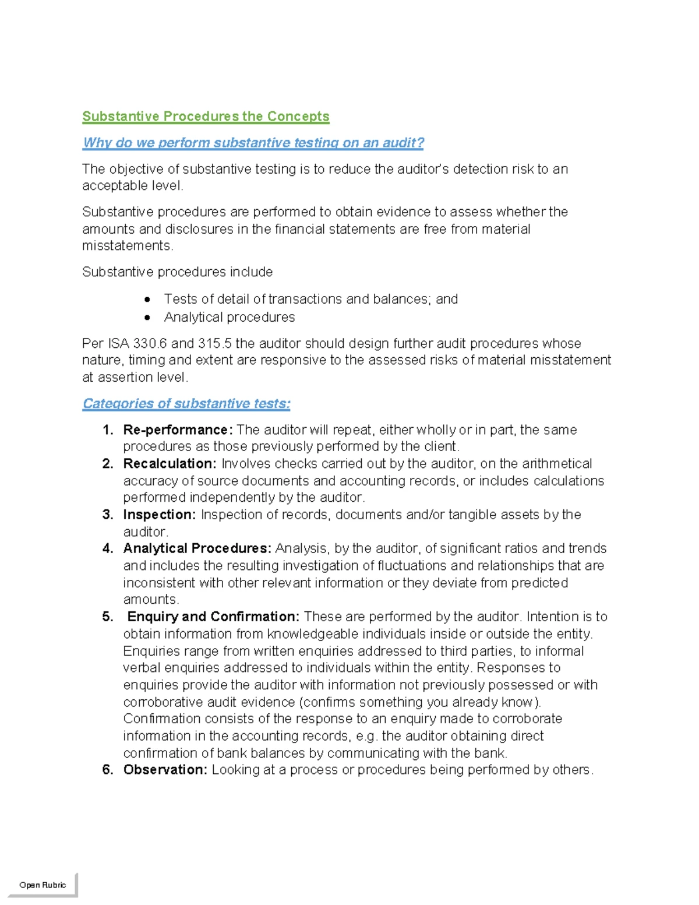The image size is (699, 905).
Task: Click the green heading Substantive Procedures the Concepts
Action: coord(206,117)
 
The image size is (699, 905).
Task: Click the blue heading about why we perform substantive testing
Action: coord(253,143)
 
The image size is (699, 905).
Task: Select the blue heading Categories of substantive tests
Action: coord(186,403)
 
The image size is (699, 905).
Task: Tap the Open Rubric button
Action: coord(43,885)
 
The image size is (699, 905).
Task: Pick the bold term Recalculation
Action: coord(170,464)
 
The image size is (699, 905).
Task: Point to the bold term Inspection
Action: coord(159,515)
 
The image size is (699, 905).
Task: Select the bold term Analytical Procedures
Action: coord(197,548)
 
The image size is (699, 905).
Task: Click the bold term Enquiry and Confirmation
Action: coord(213,617)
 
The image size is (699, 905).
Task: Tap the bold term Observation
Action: coord(165,770)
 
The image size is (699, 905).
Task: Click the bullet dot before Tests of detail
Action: coord(147,300)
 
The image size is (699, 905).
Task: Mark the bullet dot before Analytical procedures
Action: coord(147,318)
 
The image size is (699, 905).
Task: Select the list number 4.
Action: coord(107,548)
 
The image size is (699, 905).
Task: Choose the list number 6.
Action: coord(107,770)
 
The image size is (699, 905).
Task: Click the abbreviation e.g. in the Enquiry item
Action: coord(367,736)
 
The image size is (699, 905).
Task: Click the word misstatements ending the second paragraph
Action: coord(127,246)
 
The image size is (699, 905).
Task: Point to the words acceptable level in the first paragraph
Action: coord(132,186)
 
